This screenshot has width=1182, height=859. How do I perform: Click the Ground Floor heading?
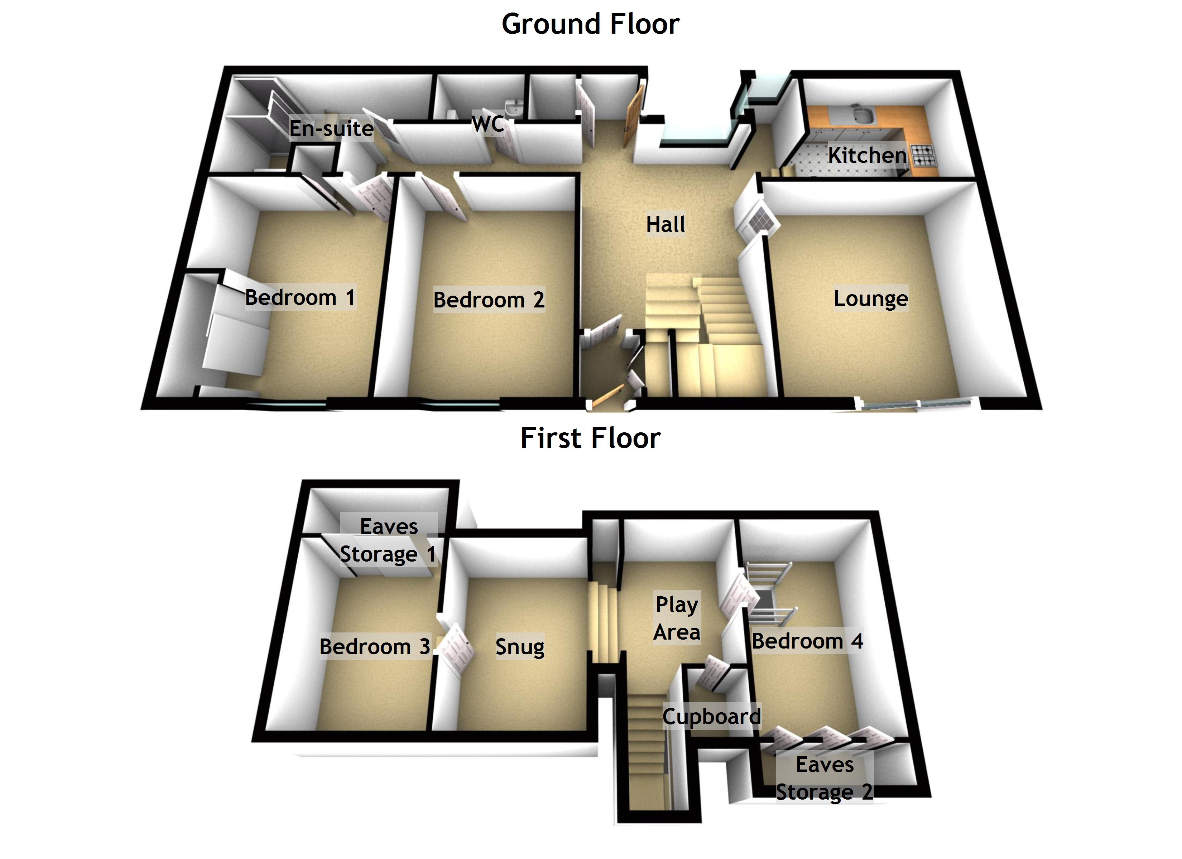591,24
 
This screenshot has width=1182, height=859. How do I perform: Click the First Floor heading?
591,438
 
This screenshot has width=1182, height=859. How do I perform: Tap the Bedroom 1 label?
300,298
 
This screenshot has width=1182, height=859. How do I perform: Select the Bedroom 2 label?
489,300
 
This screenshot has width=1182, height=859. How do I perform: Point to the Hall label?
666,224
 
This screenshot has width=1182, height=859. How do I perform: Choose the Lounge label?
870,299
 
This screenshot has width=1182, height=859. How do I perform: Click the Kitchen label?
867,155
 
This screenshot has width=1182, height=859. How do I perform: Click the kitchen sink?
861,114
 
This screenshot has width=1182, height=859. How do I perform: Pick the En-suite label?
331,128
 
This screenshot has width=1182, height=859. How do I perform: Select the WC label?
488,124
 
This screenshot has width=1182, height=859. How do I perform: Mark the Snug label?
520,647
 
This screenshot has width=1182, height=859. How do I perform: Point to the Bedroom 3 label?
375,647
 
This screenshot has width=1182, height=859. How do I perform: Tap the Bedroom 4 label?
807,641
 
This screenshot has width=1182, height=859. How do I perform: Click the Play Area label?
677,618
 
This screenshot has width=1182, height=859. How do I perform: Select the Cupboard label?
711,717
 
